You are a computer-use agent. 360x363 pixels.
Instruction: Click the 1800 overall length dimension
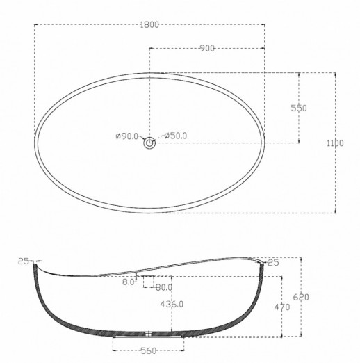150,24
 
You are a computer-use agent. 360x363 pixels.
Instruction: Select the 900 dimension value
206,48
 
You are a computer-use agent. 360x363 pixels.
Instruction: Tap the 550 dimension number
299,108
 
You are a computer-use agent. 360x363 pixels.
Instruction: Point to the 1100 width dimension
334,143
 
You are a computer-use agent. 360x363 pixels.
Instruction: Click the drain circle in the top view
149,144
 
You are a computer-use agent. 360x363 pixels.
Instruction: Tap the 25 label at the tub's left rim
23,261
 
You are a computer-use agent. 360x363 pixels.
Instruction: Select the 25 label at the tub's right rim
272,261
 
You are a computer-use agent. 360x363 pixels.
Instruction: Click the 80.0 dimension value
164,287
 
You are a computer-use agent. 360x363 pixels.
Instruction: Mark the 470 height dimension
281,306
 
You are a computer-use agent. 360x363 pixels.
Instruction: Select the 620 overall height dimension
300,297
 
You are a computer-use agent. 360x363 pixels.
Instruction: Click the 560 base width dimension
149,351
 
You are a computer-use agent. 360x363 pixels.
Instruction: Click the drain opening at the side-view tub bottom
149,334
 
